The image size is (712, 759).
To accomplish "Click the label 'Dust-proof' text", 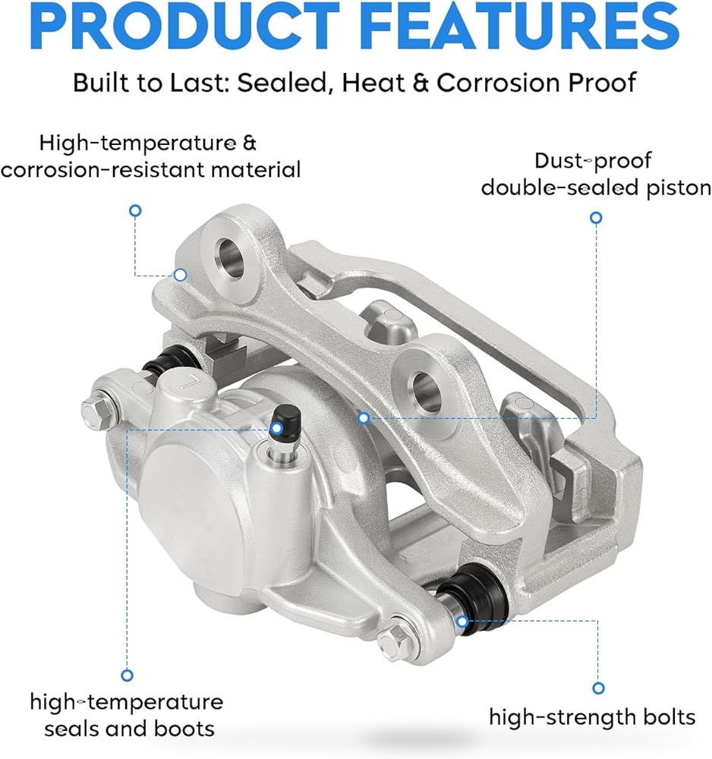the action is pos(593,161).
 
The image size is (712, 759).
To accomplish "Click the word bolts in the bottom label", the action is pos(666,717).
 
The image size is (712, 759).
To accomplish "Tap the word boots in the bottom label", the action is pos(184,728).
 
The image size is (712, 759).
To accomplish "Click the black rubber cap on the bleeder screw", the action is pos(285,415).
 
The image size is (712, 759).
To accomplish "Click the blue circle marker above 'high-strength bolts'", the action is pos(599,688).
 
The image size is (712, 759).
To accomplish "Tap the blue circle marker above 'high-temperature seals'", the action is pos(128,676).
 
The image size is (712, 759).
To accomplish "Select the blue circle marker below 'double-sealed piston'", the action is pos(597,218).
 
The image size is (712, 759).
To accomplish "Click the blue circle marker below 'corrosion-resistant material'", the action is pos(136,210).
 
